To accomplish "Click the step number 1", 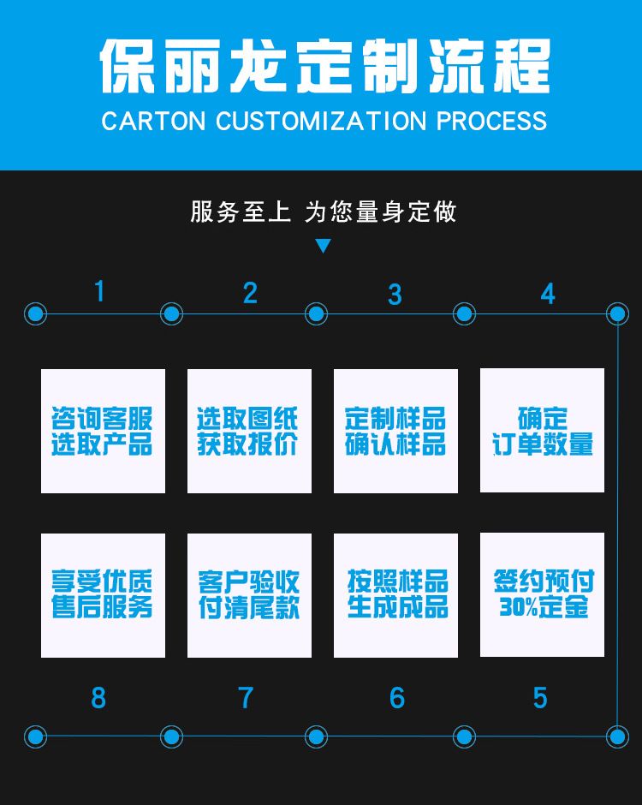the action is (x=99, y=291).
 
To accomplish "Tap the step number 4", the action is (x=548, y=294).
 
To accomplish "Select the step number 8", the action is (x=98, y=698).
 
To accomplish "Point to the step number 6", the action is (x=396, y=698).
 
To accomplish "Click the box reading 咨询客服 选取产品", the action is (x=104, y=431).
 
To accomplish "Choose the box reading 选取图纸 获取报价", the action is (x=249, y=431).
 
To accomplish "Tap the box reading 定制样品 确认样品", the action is (x=395, y=431).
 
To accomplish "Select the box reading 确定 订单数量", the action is (x=542, y=430).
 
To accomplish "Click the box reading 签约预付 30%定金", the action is (x=542, y=594).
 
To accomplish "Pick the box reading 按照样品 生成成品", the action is (x=395, y=595).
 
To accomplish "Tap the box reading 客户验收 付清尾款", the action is (x=249, y=595).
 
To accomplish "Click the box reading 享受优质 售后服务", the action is (x=104, y=595).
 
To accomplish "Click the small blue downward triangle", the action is (x=323, y=246).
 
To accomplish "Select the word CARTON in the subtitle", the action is (x=153, y=121).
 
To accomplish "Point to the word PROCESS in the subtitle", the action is (x=491, y=121).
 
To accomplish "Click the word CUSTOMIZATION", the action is (x=321, y=121).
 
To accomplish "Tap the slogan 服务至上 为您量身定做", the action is (x=324, y=212).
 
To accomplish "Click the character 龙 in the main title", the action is (x=257, y=67).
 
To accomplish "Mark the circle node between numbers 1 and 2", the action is (x=171, y=313).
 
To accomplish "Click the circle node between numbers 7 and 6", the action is (x=316, y=736).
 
